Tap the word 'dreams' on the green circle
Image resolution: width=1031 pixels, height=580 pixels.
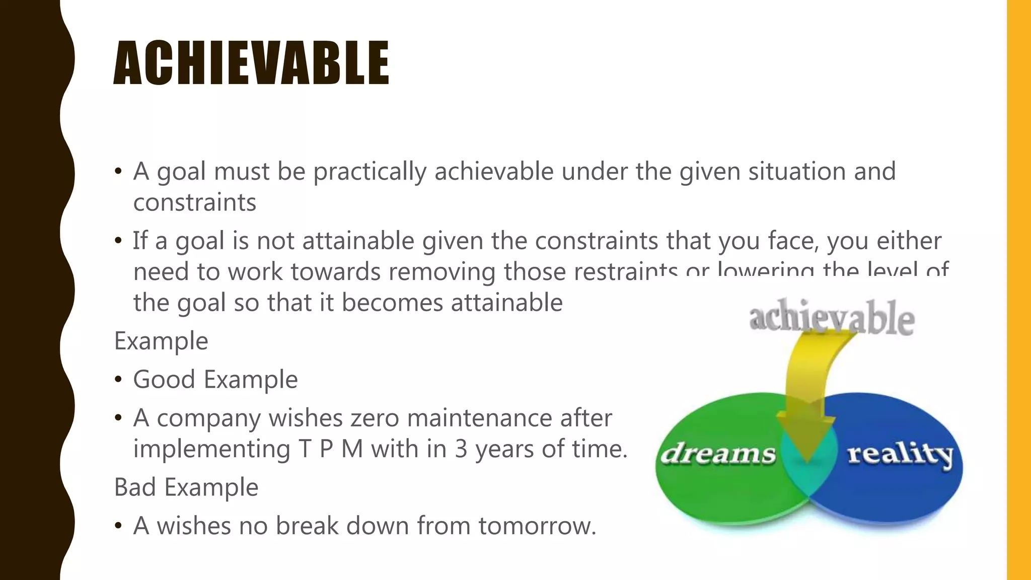(718, 453)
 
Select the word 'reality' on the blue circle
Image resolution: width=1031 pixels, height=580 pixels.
(900, 454)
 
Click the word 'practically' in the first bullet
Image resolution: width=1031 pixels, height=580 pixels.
(370, 171)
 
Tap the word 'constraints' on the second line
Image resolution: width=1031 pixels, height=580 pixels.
(195, 202)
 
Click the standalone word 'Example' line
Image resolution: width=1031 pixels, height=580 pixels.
(161, 341)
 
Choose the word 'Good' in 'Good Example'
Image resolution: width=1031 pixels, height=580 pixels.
(164, 379)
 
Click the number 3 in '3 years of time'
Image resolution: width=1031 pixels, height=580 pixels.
(461, 449)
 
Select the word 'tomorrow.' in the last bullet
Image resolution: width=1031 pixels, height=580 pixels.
(537, 526)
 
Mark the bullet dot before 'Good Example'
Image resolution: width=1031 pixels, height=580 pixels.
(118, 380)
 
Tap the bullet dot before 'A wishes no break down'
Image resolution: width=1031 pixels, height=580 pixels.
(118, 526)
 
